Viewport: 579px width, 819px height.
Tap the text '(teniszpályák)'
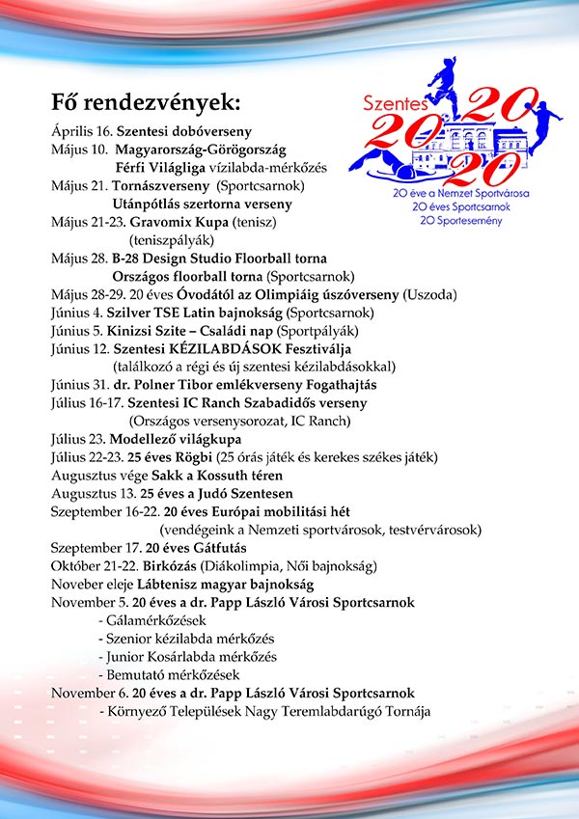click(172, 240)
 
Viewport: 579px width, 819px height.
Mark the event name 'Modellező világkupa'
click(173, 438)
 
